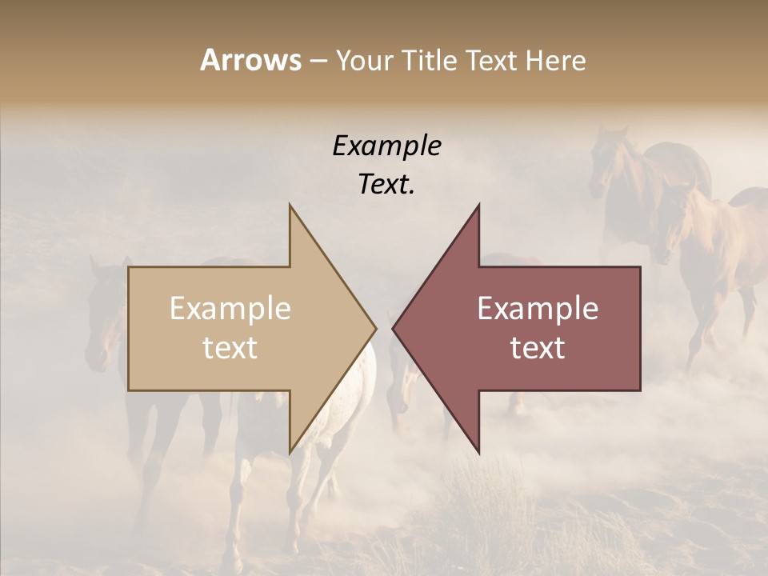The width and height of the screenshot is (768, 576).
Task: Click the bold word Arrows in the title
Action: (x=250, y=60)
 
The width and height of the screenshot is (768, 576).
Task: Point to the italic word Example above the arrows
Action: (x=386, y=146)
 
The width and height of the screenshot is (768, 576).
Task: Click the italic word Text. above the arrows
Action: (x=386, y=184)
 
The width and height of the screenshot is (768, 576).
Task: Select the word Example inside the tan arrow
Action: (x=230, y=308)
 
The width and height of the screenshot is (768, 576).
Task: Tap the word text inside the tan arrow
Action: (x=230, y=347)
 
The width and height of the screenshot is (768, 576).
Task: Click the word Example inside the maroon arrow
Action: (x=538, y=308)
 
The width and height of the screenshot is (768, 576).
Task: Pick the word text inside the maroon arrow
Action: (x=538, y=347)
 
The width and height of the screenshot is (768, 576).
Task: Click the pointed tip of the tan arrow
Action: (x=375, y=328)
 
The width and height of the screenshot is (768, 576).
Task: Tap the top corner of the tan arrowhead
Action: (x=290, y=206)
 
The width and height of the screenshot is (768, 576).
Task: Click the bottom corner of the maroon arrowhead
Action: (x=478, y=452)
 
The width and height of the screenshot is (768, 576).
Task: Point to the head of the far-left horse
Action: (x=100, y=320)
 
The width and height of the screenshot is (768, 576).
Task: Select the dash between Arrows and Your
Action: (x=318, y=61)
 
